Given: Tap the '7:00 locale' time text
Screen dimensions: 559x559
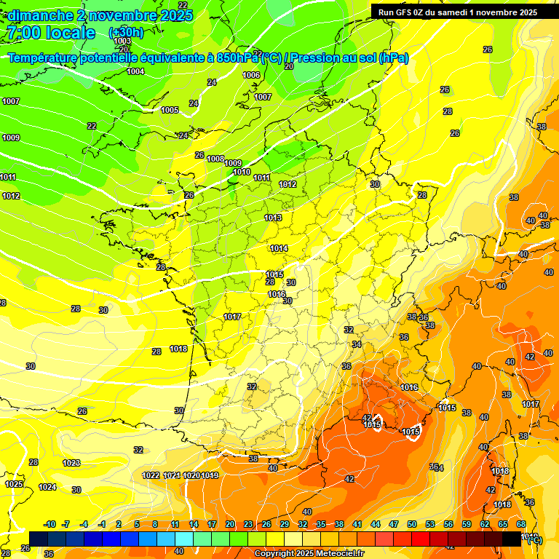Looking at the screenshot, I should point(50,33).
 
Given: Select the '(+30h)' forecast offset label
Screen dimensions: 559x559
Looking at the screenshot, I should point(126,33).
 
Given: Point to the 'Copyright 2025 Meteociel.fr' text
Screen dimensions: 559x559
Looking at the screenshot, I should point(309,553).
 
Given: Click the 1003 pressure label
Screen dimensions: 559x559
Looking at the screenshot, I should point(123,41).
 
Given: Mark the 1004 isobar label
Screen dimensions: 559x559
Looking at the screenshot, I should point(135,71).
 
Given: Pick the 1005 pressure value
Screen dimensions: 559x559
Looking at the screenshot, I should point(170,110).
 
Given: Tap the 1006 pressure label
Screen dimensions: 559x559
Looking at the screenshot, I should point(251,75).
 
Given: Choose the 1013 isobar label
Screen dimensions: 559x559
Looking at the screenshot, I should point(273,218).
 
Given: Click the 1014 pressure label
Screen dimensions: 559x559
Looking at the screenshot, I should point(279,248).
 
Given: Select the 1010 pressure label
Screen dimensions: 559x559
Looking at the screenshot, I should point(242,172).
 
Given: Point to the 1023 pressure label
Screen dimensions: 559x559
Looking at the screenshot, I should point(71,463).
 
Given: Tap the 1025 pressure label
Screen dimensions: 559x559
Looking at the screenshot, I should point(14,484).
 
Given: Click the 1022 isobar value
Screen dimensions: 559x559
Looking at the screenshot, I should point(151,475).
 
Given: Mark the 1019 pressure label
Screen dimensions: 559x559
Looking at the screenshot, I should point(210,475).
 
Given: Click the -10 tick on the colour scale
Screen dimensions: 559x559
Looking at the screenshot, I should point(50,524).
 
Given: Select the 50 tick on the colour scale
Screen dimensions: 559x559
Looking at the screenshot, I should point(412,524).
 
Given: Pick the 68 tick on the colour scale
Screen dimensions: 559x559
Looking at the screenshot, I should point(521,524).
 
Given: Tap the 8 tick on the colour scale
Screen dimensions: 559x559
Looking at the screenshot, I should point(155,524).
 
